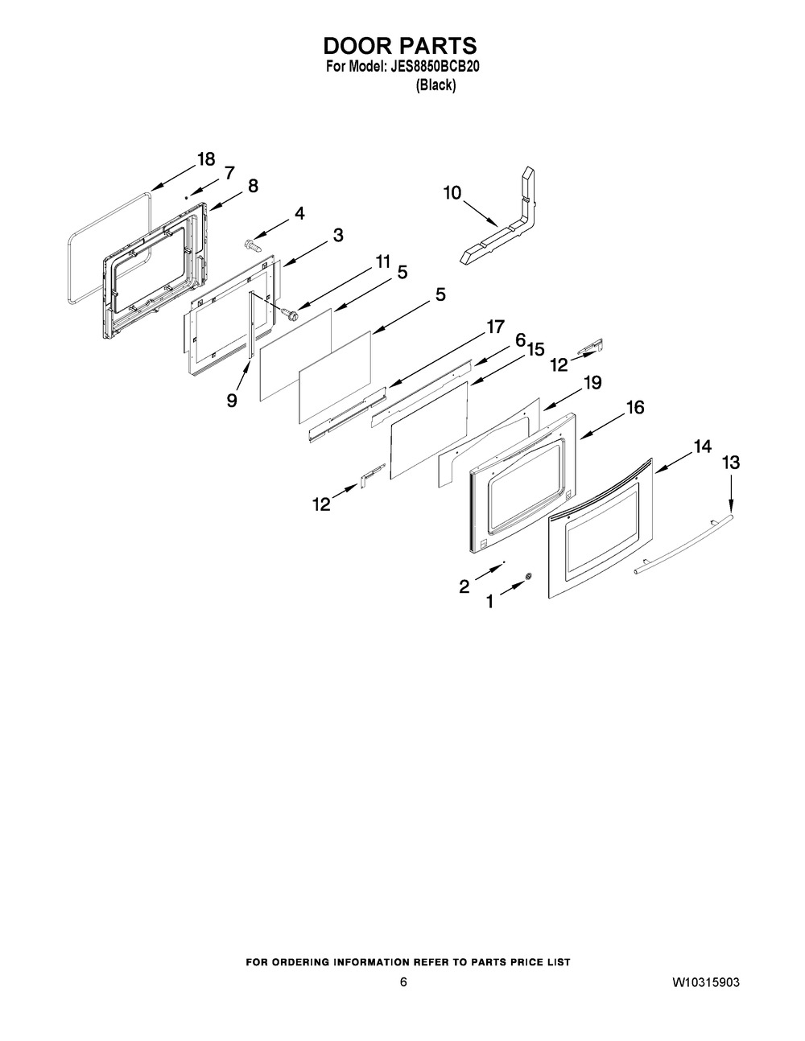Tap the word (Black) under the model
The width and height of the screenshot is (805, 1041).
435,85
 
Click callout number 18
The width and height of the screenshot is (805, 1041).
206,158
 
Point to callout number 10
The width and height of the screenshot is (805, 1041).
452,192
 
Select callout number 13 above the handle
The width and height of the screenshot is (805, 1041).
731,462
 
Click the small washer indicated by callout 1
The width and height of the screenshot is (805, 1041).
529,576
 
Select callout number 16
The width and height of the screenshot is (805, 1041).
635,408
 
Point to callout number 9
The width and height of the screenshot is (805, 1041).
232,400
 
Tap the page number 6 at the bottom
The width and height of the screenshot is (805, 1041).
402,983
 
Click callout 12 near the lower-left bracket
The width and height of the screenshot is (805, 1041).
321,504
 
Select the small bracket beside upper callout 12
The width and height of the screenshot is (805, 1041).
592,346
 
